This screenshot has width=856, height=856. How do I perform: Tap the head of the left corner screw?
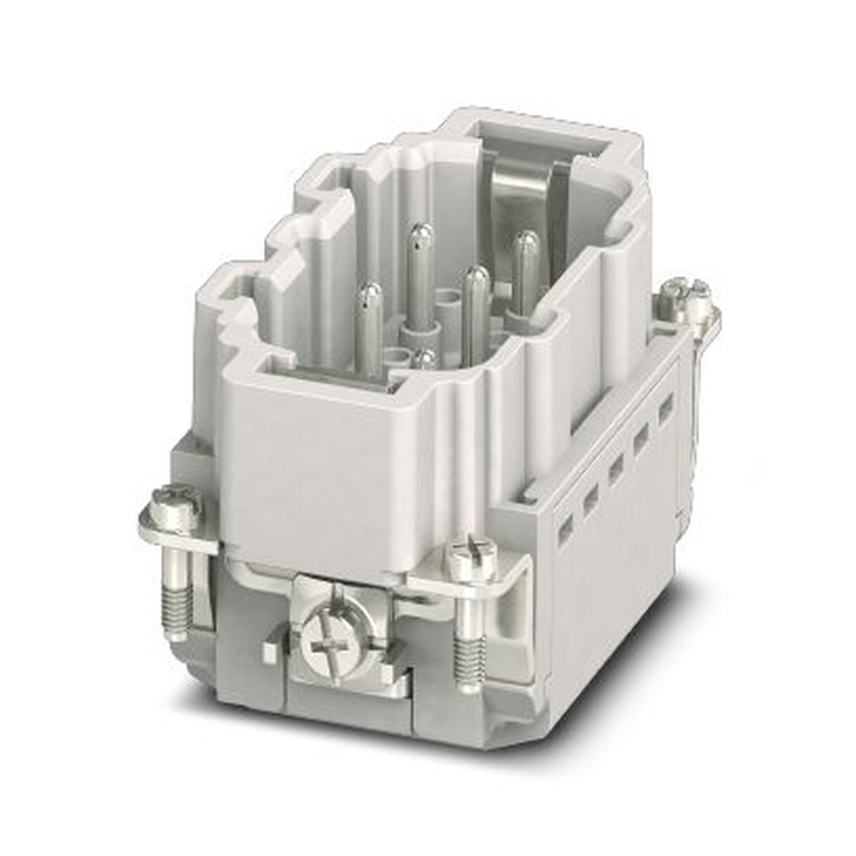pos(175,506)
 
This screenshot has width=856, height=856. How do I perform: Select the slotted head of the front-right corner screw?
pos(472,561)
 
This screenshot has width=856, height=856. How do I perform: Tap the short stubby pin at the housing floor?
pos(424,358)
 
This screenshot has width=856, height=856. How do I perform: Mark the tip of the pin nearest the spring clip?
pos(526,243)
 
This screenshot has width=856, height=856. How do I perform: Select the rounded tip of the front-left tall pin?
pos(370,295)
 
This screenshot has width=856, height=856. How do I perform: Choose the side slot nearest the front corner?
pos(565,529)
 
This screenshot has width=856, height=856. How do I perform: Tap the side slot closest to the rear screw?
pos(665,408)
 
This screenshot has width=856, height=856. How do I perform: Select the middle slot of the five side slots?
pos(615,468)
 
